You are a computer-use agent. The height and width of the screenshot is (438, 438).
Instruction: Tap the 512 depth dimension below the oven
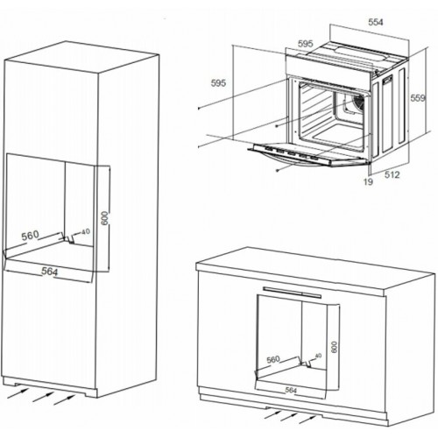pyautogui.click(x=392, y=174)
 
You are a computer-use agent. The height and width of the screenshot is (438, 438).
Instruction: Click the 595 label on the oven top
pyautogui.click(x=305, y=43)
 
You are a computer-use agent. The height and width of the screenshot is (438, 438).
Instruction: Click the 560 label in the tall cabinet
pyautogui.click(x=32, y=236)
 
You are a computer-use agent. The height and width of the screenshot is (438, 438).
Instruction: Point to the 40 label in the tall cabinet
pyautogui.click(x=85, y=232)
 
